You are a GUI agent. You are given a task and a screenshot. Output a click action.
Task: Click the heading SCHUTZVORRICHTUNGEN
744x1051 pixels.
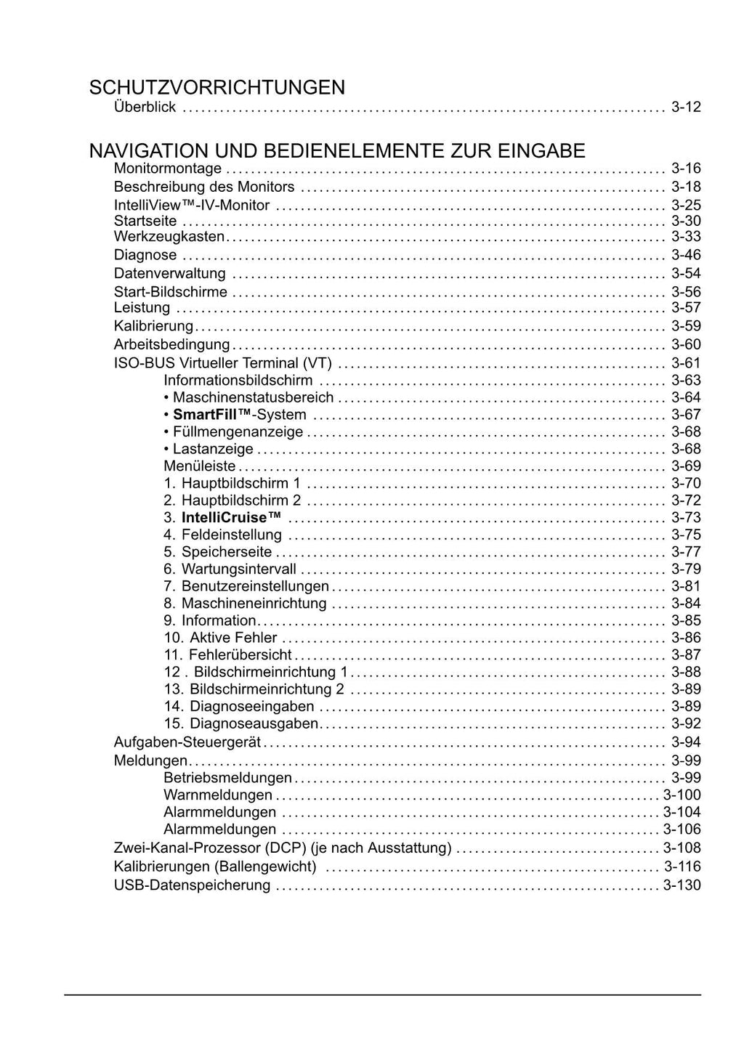[217, 88]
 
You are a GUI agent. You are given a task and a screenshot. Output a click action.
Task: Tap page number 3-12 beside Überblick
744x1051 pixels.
[686, 107]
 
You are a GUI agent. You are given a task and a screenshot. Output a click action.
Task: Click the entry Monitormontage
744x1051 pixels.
[167, 169]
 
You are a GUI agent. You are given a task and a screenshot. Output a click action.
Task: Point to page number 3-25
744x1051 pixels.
[686, 206]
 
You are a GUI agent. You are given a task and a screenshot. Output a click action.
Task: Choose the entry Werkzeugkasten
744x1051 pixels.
[169, 237]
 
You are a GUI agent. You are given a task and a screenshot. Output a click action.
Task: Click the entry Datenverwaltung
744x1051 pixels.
[169, 274]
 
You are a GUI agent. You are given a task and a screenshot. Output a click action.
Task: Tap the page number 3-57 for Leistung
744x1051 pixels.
[686, 308]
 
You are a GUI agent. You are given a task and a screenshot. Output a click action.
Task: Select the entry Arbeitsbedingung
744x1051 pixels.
[171, 345]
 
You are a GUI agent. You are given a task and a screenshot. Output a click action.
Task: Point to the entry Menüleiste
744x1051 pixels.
[199, 466]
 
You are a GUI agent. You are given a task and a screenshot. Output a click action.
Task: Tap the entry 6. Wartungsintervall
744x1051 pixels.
[230, 569]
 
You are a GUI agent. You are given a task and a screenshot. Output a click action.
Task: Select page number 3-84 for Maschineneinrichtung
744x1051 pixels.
[686, 604]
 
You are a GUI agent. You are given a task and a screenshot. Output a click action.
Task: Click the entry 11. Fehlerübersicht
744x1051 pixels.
[227, 655]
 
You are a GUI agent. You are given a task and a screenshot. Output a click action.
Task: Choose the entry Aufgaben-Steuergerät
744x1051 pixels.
[187, 742]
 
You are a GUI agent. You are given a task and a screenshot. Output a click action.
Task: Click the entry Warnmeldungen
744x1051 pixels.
[218, 795]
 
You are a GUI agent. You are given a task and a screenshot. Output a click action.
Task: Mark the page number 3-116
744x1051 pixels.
[682, 867]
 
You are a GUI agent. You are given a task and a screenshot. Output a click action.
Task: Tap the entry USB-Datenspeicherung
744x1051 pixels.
[192, 885]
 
